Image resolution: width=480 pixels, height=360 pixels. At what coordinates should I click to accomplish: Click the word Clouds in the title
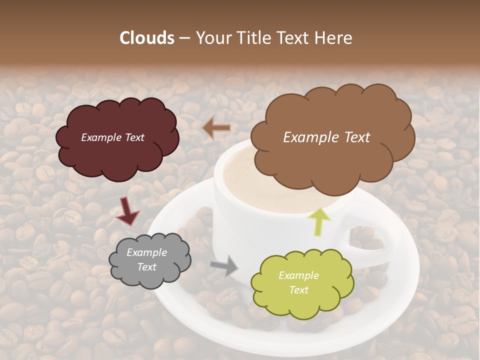click(147, 38)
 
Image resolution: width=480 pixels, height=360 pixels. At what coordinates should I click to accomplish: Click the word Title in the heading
click(253, 38)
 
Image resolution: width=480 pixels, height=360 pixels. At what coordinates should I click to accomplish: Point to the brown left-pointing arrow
click(216, 128)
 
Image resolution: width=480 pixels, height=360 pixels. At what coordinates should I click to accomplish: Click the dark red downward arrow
click(127, 210)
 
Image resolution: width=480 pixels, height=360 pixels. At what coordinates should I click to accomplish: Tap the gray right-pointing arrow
click(224, 265)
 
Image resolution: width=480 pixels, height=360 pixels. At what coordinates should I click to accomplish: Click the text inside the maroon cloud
click(112, 137)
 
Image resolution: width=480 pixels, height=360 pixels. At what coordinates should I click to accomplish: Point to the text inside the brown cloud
click(326, 137)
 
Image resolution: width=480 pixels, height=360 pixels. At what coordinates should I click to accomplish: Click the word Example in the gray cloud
click(146, 252)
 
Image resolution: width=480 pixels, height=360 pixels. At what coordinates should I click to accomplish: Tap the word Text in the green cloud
click(298, 290)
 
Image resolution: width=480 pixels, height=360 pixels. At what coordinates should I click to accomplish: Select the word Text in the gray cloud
click(146, 267)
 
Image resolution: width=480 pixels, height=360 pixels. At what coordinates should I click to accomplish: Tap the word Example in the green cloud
click(298, 275)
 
